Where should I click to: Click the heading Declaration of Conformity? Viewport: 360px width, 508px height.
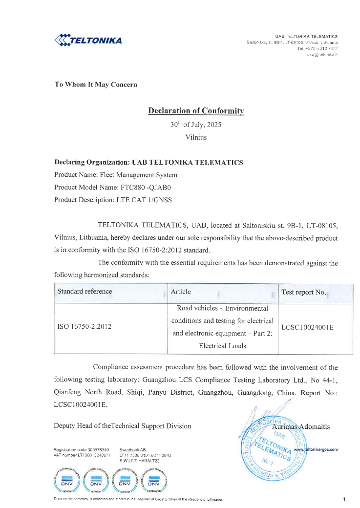tap(196, 111)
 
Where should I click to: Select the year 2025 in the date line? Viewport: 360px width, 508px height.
tap(213, 125)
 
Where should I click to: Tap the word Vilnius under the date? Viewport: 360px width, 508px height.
tap(196, 137)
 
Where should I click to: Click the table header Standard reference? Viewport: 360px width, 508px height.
tap(85, 292)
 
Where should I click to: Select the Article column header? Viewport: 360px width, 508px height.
tap(181, 292)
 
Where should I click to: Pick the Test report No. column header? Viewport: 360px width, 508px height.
tap(303, 293)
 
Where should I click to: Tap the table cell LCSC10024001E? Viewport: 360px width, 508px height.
tap(308, 327)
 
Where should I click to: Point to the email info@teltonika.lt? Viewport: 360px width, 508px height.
tap(322, 55)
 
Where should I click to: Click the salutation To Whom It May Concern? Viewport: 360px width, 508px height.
tap(96, 85)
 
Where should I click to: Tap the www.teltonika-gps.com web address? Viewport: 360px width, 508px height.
tap(316, 449)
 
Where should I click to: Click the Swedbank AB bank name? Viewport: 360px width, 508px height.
tap(132, 449)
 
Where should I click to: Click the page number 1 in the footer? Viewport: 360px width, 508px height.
tap(344, 499)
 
